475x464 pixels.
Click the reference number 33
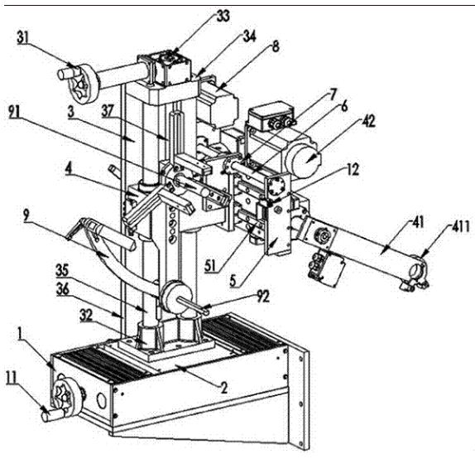[223, 16]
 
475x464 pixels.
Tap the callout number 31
[23, 38]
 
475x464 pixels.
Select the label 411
[460, 226]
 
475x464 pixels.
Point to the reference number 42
[367, 121]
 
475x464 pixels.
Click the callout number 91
[14, 113]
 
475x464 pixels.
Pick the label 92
[262, 297]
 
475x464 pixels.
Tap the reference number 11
[12, 378]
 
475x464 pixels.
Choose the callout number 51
[211, 267]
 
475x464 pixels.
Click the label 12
[353, 170]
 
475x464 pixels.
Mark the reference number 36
[62, 290]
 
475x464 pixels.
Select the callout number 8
[276, 47]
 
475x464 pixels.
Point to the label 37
[108, 111]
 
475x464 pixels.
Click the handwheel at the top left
[84, 84]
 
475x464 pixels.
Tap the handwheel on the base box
[67, 394]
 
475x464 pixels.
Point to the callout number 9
[26, 217]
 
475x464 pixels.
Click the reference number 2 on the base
[223, 388]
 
